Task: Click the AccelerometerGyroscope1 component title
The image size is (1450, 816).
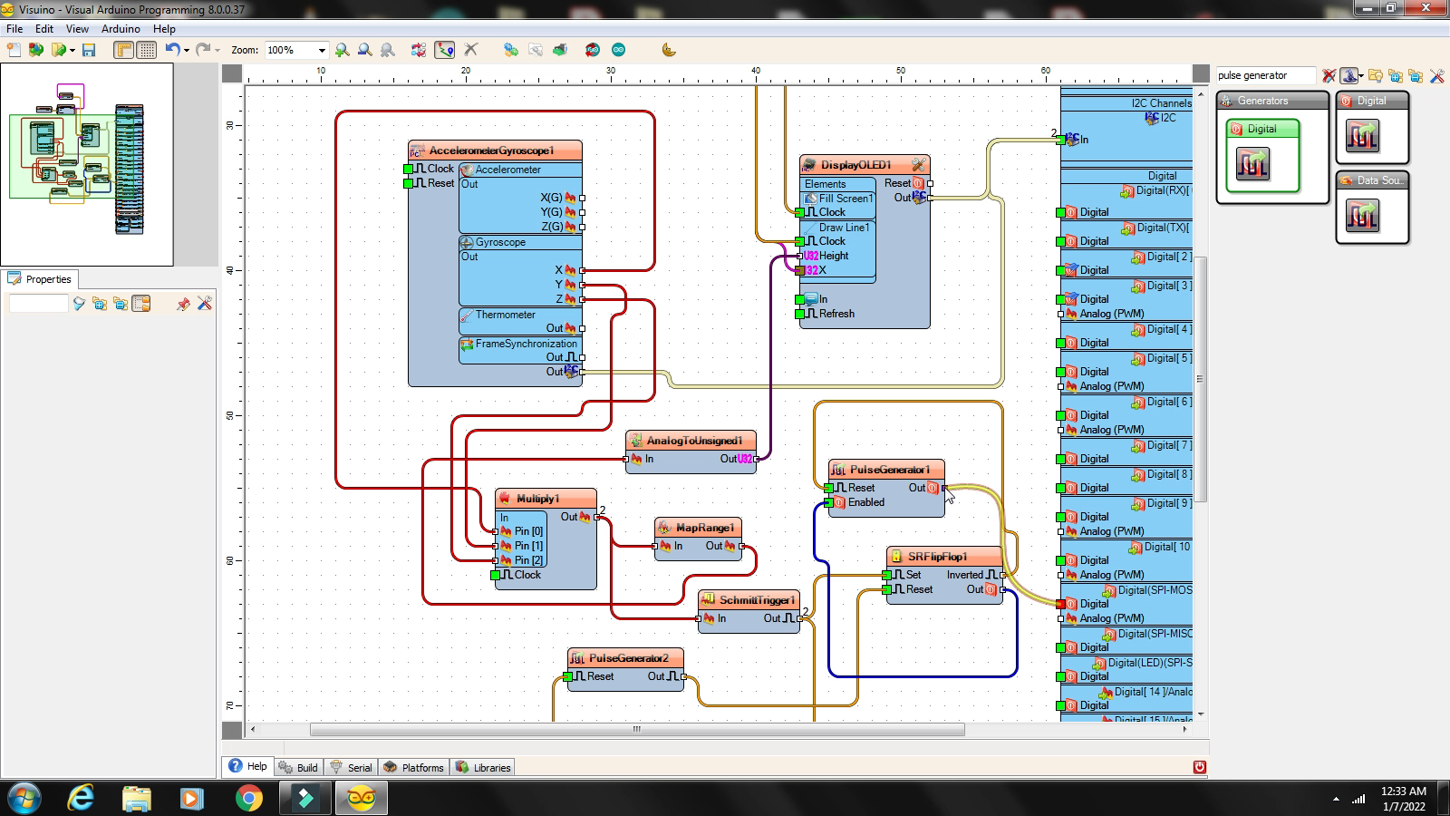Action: click(x=490, y=151)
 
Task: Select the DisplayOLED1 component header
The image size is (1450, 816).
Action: click(x=855, y=165)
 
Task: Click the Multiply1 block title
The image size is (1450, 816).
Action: click(x=537, y=499)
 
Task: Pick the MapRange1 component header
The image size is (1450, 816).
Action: click(x=704, y=528)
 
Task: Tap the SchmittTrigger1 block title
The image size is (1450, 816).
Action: click(x=757, y=600)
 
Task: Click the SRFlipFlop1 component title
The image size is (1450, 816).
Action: click(x=937, y=557)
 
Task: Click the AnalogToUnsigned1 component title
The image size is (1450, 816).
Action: click(x=694, y=441)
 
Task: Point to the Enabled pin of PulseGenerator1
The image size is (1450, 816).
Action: click(x=865, y=502)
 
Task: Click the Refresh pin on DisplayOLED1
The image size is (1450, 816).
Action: click(x=836, y=314)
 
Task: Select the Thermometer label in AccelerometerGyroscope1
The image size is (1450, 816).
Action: click(x=505, y=315)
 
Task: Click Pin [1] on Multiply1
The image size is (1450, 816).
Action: click(x=527, y=546)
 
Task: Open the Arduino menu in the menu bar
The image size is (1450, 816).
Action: click(x=121, y=29)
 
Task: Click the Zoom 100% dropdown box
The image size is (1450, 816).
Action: click(x=295, y=50)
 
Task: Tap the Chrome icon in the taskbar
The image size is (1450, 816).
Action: click(x=248, y=798)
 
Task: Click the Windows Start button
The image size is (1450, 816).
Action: click(x=24, y=798)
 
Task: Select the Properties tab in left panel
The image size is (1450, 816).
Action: click(x=47, y=279)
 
